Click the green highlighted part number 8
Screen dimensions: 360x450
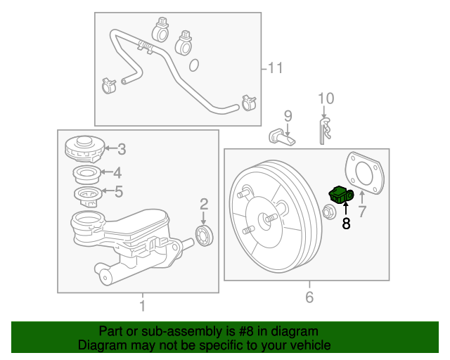(x=340, y=195)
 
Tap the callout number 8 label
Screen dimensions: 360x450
(x=345, y=224)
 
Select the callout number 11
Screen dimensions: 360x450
(x=274, y=68)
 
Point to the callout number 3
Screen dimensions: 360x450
(x=121, y=149)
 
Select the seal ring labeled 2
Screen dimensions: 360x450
(x=204, y=235)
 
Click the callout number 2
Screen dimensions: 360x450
(x=204, y=205)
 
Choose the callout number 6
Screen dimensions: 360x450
(x=309, y=297)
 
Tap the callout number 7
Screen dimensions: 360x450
(x=362, y=211)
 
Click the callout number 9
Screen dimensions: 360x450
(x=287, y=115)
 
